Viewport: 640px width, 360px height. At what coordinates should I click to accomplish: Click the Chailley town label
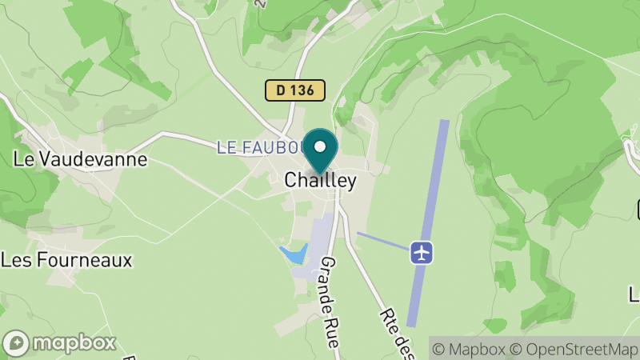(320, 182)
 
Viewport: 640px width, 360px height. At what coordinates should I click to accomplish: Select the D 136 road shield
(295, 90)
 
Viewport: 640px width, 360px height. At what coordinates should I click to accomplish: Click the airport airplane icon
(422, 252)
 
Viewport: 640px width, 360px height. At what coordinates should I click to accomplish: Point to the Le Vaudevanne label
(81, 159)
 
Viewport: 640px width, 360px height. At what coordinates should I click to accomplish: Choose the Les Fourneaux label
(66, 260)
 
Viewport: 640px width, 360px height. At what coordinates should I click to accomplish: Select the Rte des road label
(391, 321)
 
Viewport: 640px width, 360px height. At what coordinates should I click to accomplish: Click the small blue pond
(294, 254)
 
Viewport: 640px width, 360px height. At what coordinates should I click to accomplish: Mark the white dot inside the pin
(320, 146)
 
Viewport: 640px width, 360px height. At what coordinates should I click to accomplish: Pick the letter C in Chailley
(291, 182)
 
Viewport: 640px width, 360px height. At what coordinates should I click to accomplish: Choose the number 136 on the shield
(304, 90)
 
